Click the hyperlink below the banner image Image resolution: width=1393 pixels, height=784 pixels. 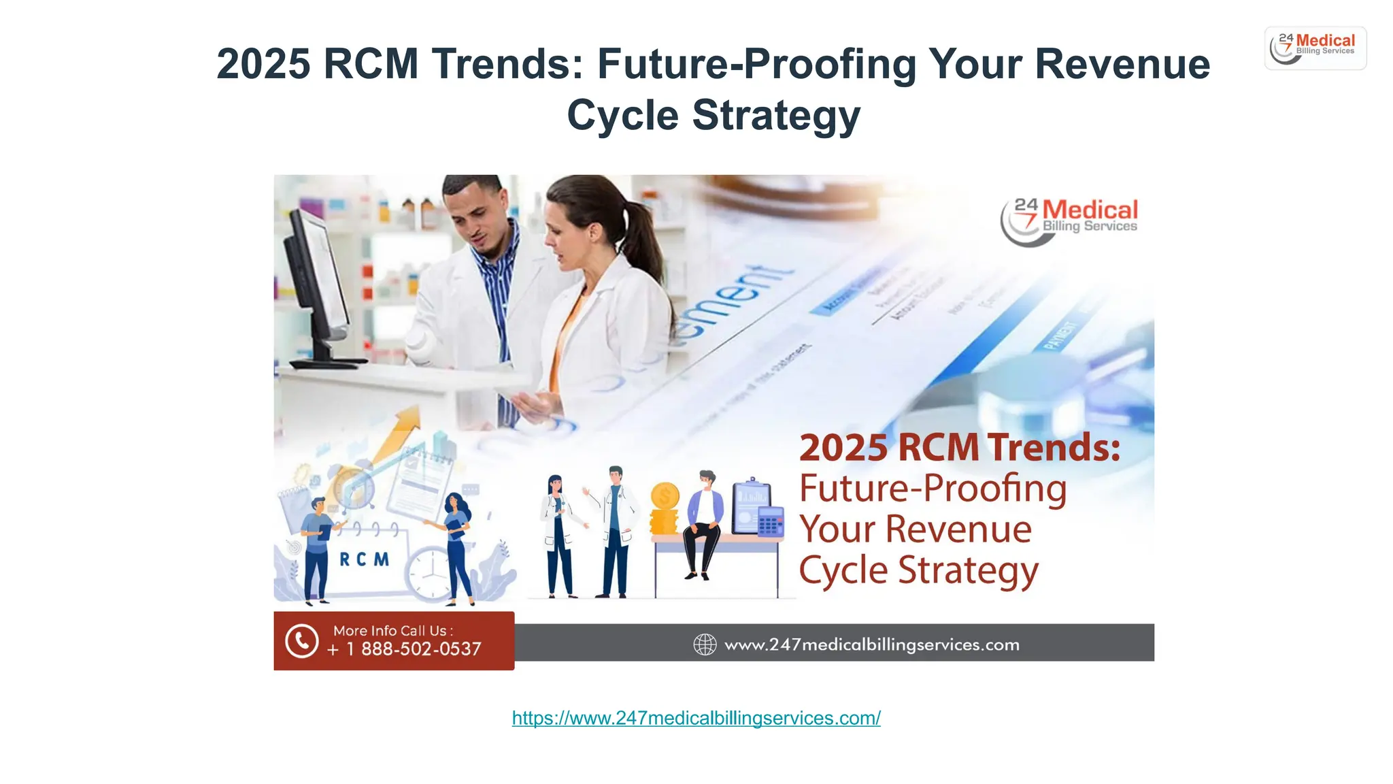[x=696, y=718]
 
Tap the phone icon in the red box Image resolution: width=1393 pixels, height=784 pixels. [x=301, y=641]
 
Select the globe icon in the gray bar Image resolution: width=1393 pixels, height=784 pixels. [x=705, y=644]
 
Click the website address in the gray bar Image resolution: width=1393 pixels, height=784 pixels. [x=871, y=644]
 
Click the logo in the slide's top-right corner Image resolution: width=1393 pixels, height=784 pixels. [x=1315, y=48]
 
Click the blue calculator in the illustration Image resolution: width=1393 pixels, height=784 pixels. [x=771, y=525]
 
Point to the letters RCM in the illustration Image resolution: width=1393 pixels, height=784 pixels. [x=364, y=559]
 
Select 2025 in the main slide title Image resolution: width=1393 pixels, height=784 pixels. [x=263, y=64]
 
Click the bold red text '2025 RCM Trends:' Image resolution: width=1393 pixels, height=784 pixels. [x=959, y=448]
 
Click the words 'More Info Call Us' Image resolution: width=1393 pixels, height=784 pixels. [x=392, y=631]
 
